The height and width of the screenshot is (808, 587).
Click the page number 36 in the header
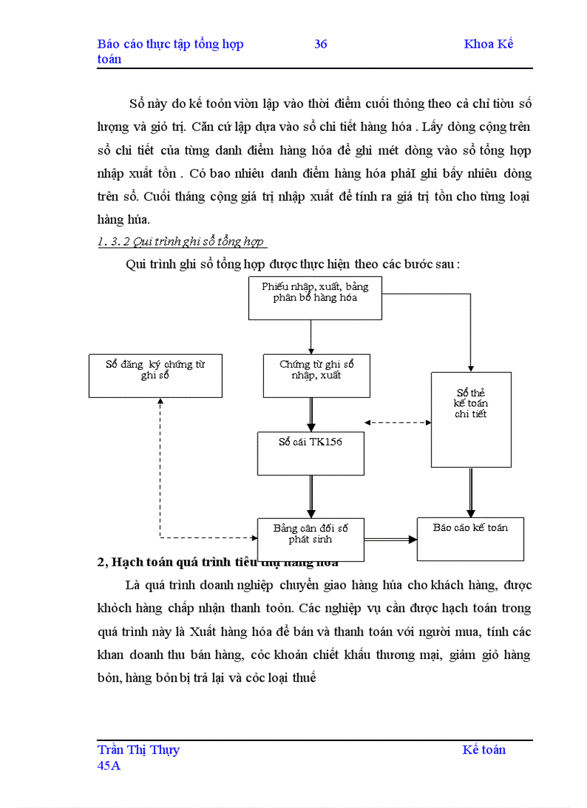[x=321, y=44]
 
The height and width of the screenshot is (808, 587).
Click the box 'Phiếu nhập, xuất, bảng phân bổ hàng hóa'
[x=315, y=298]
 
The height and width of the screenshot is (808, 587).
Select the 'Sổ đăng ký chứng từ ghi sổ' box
[x=155, y=375]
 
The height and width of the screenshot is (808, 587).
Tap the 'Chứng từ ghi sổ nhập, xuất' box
[x=317, y=376]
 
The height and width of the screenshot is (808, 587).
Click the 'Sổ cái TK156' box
[x=311, y=453]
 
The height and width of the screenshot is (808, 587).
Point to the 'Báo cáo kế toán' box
[x=470, y=538]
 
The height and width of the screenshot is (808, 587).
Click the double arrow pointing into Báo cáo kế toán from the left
[x=391, y=539]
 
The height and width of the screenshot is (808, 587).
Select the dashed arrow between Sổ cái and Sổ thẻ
[x=398, y=422]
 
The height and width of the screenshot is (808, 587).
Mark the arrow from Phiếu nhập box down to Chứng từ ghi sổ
[x=311, y=337]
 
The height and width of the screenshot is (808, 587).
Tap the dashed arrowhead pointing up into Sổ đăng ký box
[x=160, y=403]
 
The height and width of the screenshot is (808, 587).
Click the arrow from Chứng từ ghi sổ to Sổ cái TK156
[x=311, y=414]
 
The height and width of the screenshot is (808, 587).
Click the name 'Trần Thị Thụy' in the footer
[x=139, y=750]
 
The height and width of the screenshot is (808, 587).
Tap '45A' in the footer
[x=109, y=766]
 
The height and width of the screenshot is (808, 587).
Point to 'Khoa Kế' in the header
[x=488, y=44]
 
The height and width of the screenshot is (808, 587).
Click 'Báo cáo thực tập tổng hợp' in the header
[x=170, y=44]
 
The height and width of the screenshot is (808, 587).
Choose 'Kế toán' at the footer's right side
[x=484, y=750]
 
